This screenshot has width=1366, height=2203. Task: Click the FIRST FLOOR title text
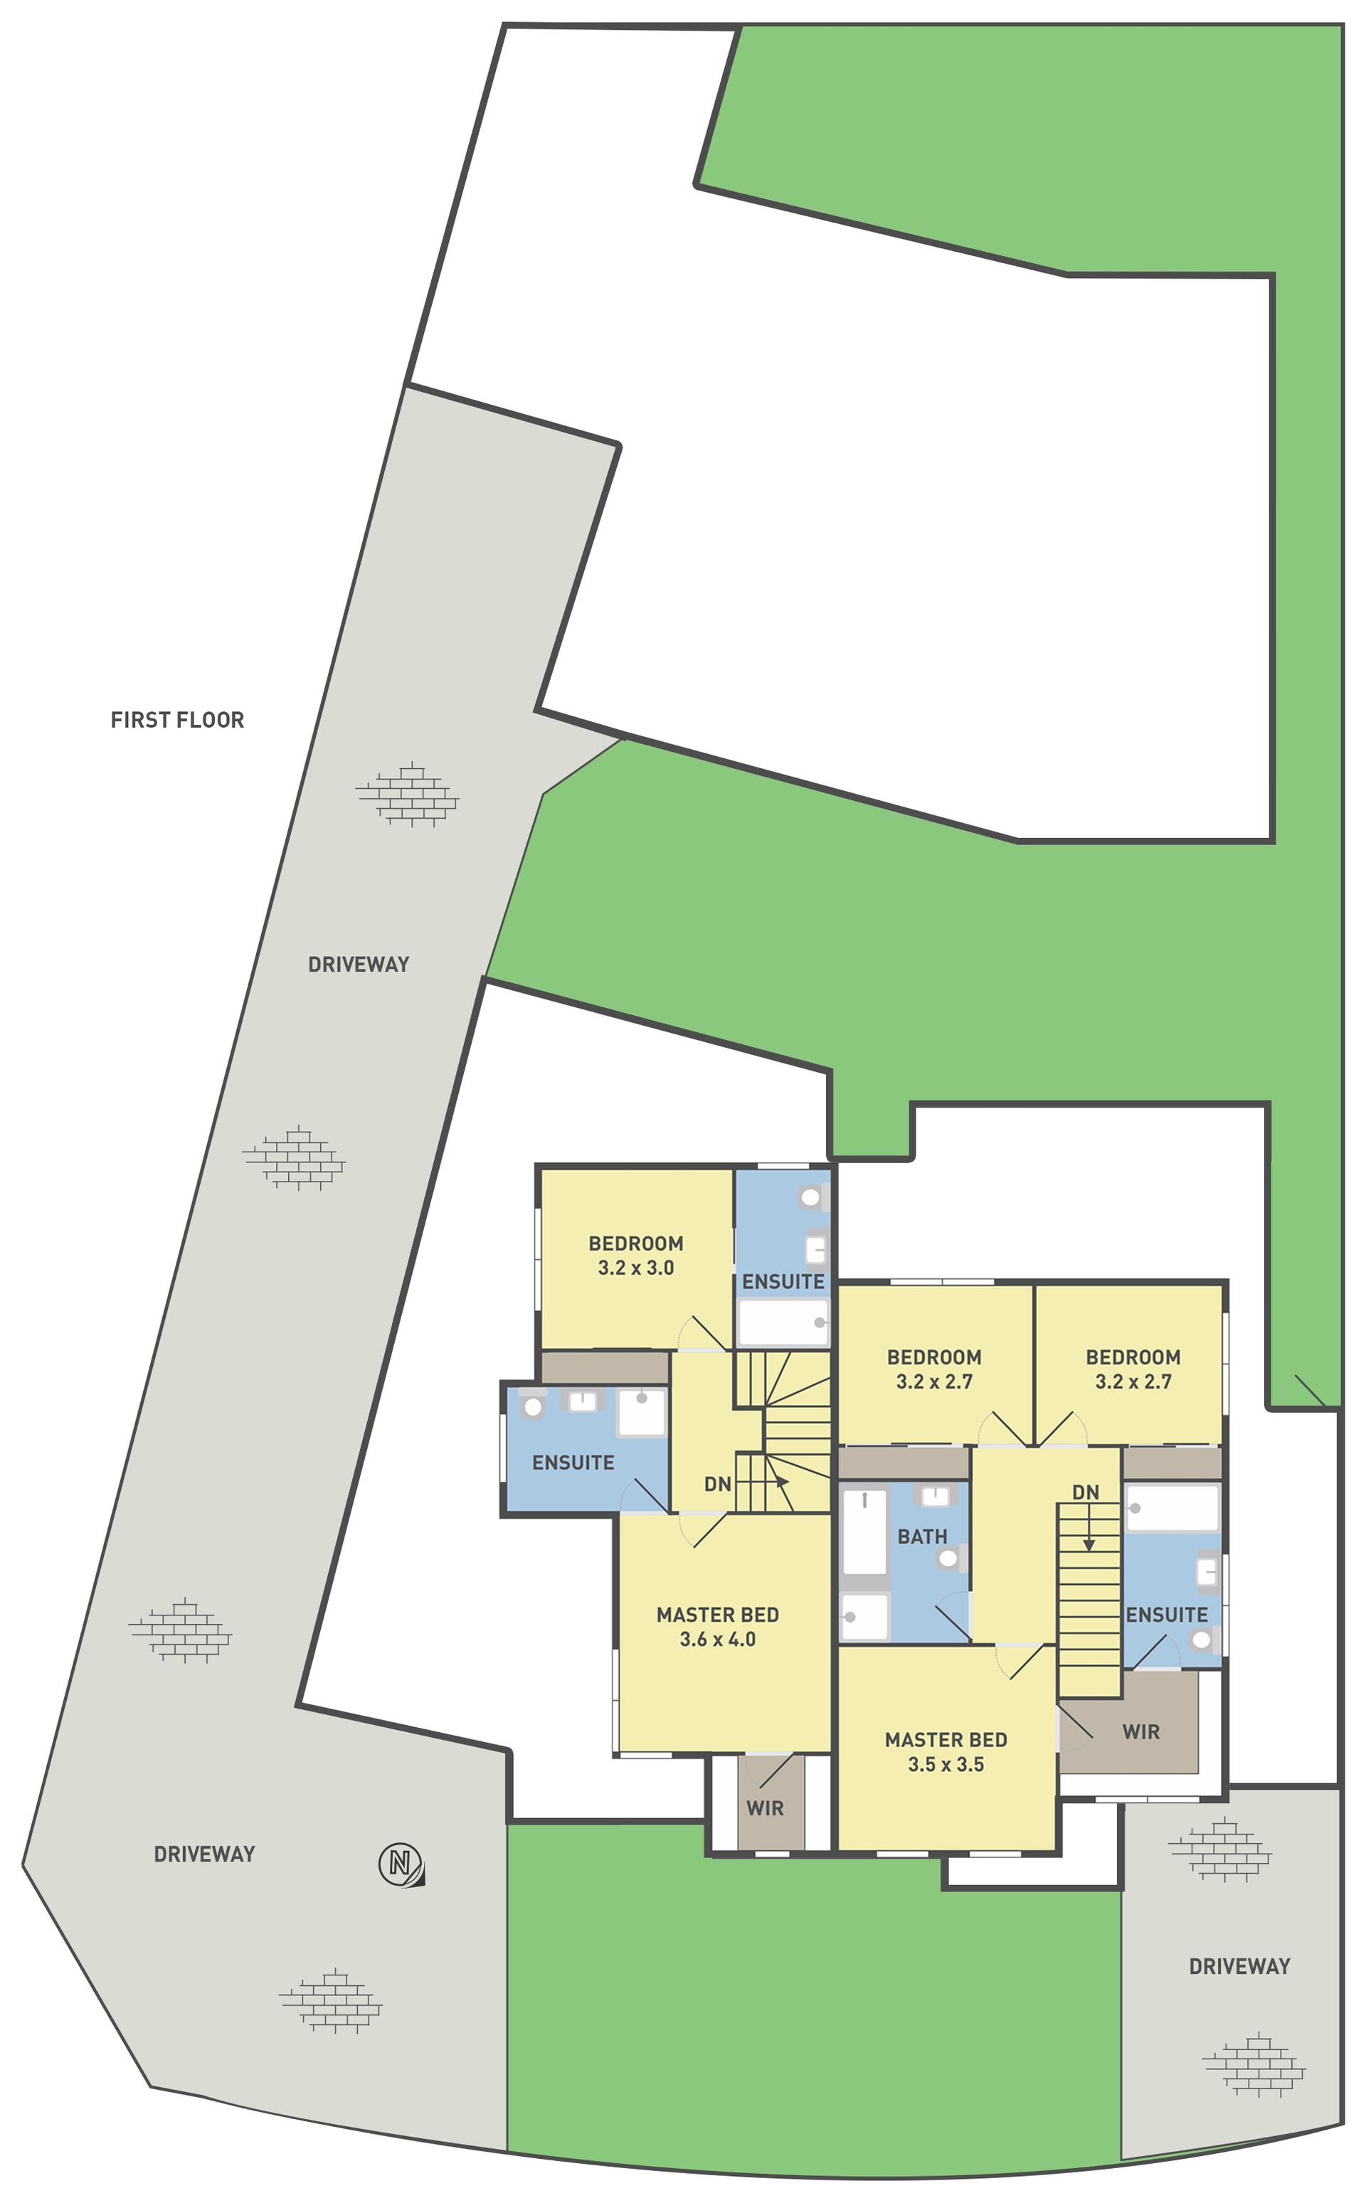pyautogui.click(x=177, y=720)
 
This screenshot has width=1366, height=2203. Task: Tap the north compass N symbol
pyautogui.click(x=401, y=1864)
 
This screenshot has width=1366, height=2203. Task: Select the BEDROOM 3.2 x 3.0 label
pyautogui.click(x=636, y=1256)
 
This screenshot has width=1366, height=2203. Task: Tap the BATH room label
pyautogui.click(x=923, y=1536)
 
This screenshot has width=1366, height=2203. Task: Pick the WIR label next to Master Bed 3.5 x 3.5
pyautogui.click(x=1141, y=1731)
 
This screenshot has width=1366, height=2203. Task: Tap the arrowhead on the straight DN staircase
pyautogui.click(x=1089, y=1546)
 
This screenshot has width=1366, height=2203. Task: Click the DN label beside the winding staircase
pyautogui.click(x=717, y=1484)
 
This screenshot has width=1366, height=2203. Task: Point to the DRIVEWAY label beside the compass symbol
pyautogui.click(x=204, y=1854)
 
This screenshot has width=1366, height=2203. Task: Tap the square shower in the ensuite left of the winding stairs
pyautogui.click(x=642, y=1412)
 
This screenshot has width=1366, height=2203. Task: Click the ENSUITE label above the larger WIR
pyautogui.click(x=1166, y=1614)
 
